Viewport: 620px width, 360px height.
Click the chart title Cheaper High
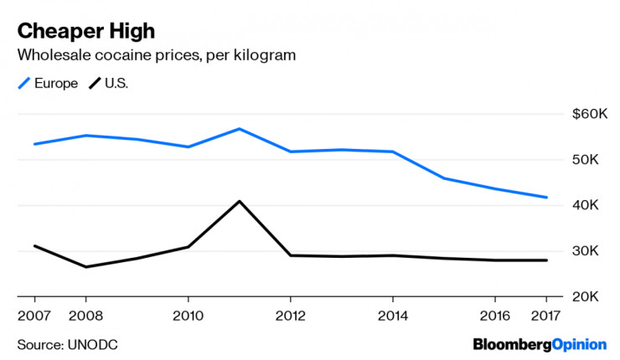[x=86, y=31]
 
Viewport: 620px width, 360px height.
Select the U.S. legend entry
[x=109, y=83]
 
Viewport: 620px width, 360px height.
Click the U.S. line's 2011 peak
[x=239, y=201]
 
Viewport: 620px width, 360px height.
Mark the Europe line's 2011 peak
[x=239, y=129]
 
